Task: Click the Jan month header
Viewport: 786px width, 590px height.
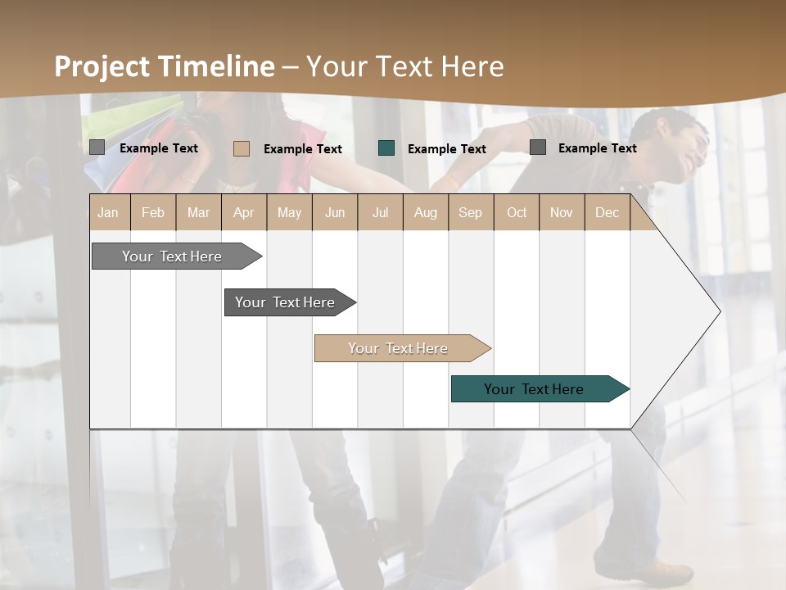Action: click(108, 212)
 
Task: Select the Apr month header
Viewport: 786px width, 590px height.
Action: click(243, 212)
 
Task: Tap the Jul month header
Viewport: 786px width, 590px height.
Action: click(380, 212)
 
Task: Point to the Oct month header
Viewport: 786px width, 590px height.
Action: click(517, 212)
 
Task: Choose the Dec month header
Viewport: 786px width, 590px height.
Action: click(607, 212)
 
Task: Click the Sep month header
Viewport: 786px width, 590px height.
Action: click(470, 212)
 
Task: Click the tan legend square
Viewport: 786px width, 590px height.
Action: click(241, 148)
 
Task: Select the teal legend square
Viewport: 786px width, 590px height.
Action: click(386, 148)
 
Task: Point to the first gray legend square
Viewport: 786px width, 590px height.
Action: click(97, 147)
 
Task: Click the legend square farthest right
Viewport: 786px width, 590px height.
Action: click(538, 147)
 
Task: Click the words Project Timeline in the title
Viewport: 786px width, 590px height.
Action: click(164, 66)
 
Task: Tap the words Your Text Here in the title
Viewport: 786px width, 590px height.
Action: click(405, 66)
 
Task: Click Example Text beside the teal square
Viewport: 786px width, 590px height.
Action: click(447, 149)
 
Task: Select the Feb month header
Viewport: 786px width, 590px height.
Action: click(153, 212)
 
